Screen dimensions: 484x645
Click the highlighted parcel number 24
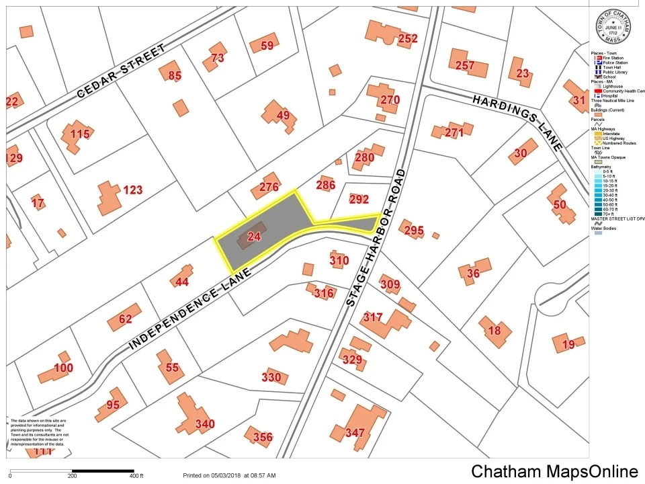tap(254, 237)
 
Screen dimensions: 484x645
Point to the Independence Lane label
tap(190, 309)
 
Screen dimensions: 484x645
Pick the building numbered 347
tap(354, 432)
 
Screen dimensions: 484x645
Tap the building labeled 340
tap(205, 424)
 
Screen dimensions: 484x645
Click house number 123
tap(132, 190)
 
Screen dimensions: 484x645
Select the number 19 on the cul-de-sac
tap(568, 345)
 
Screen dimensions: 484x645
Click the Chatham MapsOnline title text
tap(554, 471)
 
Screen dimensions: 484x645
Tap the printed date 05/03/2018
tap(226, 476)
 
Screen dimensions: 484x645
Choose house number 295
tap(414, 231)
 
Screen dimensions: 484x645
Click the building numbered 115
tap(79, 134)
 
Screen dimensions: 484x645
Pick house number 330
tap(271, 378)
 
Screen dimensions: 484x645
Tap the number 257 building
tap(465, 65)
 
